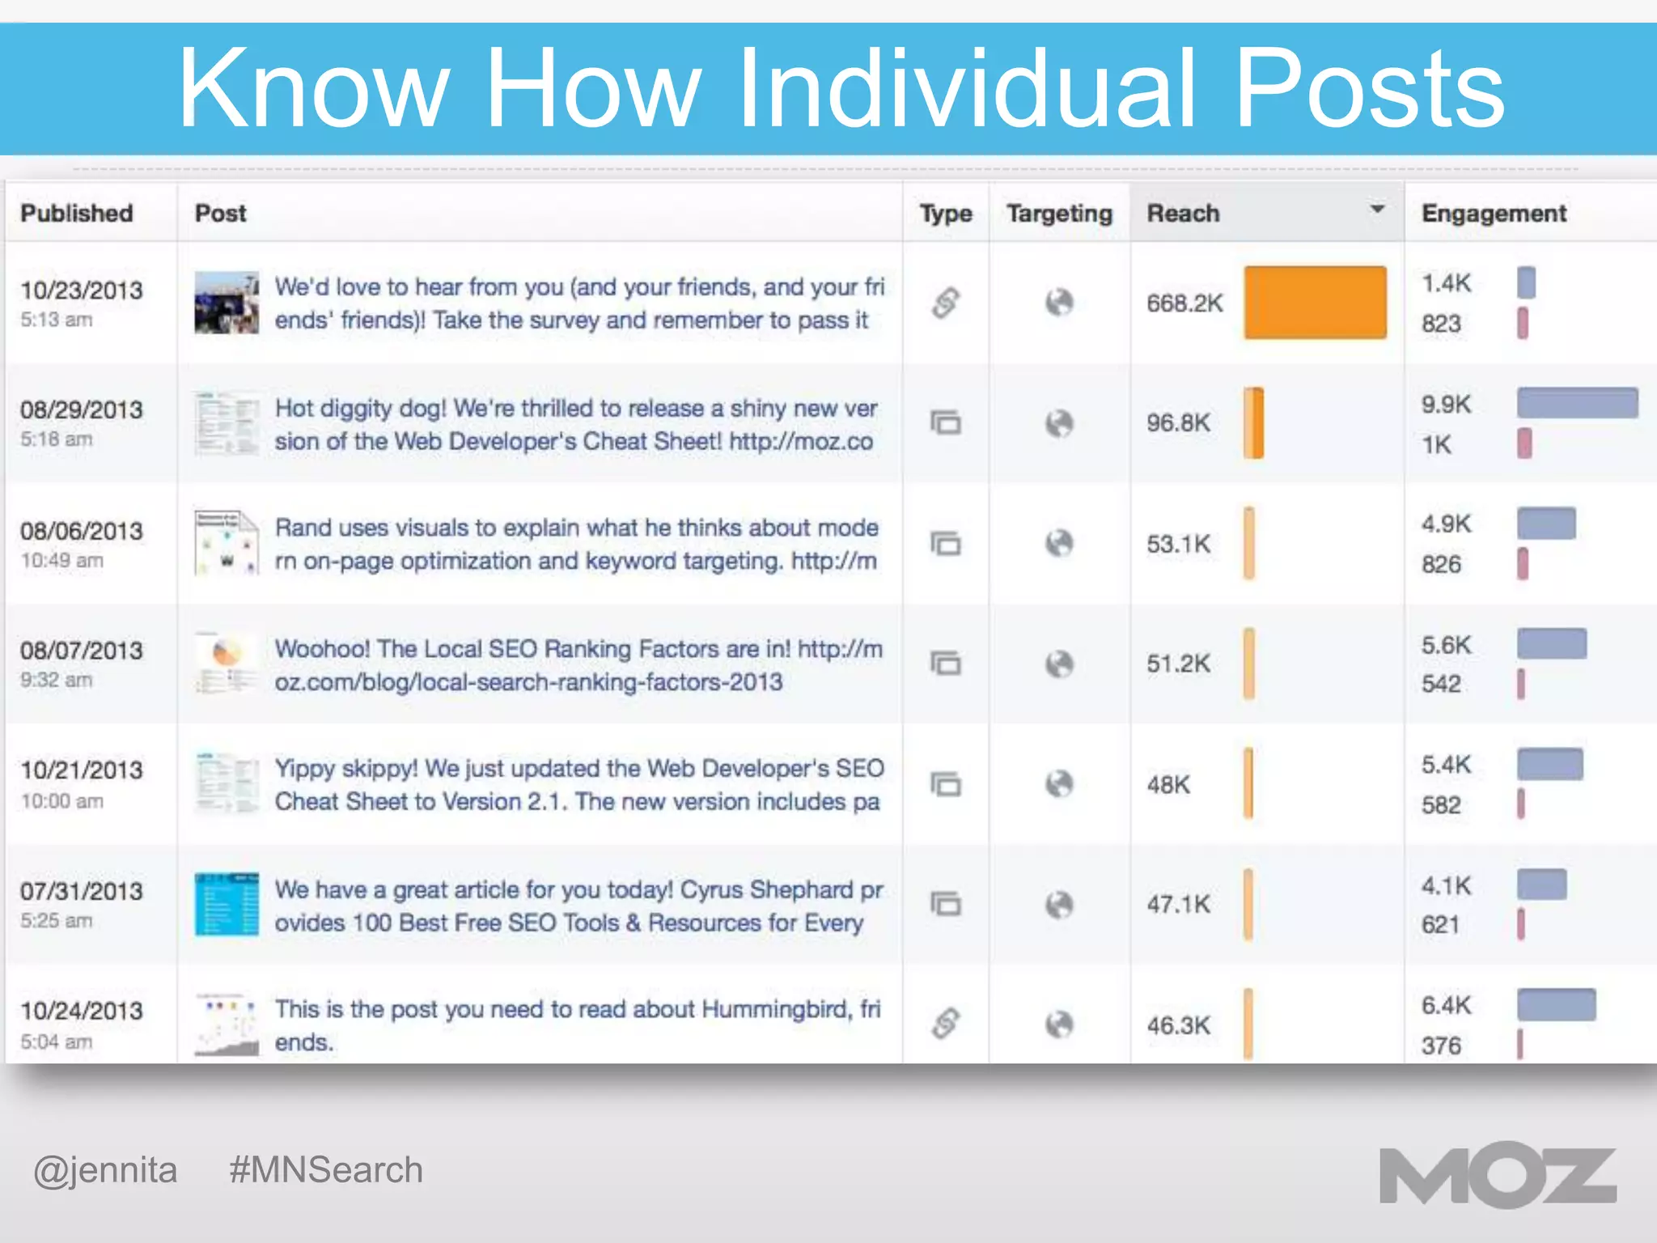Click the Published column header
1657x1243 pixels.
[77, 213]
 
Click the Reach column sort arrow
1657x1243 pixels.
[1377, 210]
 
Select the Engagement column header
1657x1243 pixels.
[1494, 213]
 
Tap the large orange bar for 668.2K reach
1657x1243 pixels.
[1315, 303]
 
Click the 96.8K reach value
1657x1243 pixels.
[1178, 422]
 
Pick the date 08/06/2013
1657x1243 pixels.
[82, 531]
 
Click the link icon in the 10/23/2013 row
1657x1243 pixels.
[945, 303]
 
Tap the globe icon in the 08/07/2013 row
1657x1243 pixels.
[1059, 664]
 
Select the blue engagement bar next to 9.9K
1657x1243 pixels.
[1577, 403]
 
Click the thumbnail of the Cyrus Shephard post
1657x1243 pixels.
[227, 904]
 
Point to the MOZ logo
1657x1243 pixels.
[1498, 1175]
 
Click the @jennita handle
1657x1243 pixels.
[105, 1170]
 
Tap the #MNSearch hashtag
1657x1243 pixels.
[326, 1170]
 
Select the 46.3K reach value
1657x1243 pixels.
[1178, 1025]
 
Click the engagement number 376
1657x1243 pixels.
[1441, 1046]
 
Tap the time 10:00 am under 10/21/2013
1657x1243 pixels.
[62, 801]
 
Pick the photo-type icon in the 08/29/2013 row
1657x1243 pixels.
[945, 422]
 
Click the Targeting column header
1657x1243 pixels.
[1059, 213]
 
